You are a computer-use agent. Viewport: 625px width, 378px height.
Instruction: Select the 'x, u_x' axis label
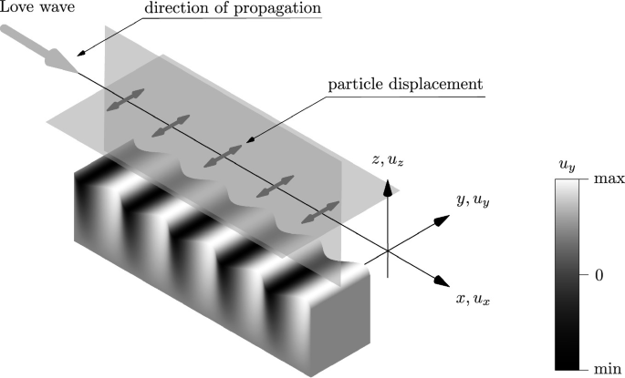tap(479, 298)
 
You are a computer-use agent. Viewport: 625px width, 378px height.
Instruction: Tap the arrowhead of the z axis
tap(388, 187)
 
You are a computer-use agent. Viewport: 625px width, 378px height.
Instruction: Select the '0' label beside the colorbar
tap(599, 274)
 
